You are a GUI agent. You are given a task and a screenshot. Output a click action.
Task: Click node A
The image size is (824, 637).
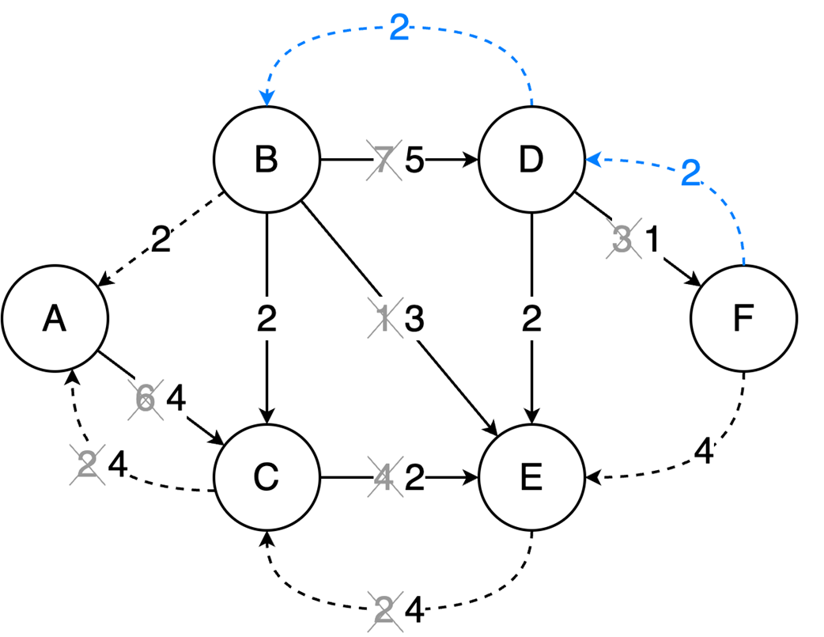[x=55, y=318]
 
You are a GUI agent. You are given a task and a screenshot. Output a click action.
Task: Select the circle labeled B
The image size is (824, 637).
[x=266, y=160]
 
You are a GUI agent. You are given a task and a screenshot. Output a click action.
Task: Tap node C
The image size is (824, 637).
[x=266, y=476]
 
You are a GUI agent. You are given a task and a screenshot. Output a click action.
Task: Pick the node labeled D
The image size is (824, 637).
[x=531, y=160]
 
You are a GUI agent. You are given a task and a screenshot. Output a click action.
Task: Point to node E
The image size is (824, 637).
[x=531, y=476]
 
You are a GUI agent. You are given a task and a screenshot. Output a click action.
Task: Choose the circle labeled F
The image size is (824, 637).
[x=743, y=318]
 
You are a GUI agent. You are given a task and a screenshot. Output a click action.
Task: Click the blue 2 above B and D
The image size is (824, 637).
[x=399, y=30]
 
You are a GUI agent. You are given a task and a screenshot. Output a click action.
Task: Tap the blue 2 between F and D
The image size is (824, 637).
[x=691, y=173]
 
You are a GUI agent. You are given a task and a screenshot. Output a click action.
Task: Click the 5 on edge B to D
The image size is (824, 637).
[x=414, y=161]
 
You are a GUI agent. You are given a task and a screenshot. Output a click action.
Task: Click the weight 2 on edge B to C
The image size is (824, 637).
[x=266, y=319]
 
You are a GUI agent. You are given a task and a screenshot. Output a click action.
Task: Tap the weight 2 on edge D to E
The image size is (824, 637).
[x=531, y=319]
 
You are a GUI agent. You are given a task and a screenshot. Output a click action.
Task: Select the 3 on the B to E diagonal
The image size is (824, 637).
[x=414, y=320]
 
